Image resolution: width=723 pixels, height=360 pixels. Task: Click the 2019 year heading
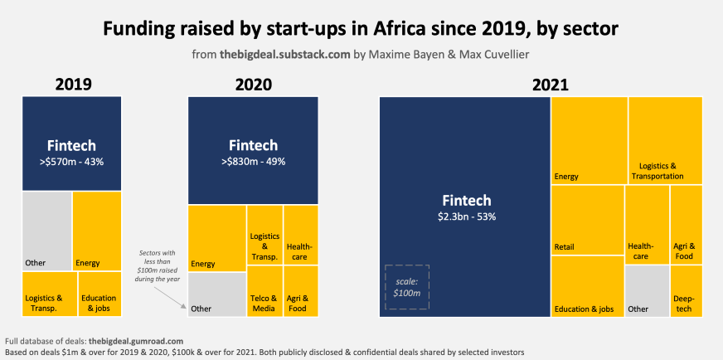[72, 85]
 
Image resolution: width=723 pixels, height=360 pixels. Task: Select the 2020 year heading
[253, 85]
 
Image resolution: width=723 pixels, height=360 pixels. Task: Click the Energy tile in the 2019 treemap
[97, 230]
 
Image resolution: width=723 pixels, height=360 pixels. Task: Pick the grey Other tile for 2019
[46, 230]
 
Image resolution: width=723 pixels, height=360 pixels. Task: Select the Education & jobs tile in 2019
[99, 293]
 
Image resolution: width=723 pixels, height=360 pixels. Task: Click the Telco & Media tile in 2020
[264, 291]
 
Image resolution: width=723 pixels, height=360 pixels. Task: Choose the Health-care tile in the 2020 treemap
[300, 236]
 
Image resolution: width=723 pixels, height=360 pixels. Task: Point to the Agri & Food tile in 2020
[300, 291]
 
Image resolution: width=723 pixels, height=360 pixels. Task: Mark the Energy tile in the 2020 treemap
[216, 238]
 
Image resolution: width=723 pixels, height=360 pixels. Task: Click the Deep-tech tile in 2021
[687, 291]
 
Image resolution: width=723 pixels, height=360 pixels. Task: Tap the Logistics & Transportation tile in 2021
[665, 140]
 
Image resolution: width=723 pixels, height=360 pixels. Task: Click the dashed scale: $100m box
[405, 287]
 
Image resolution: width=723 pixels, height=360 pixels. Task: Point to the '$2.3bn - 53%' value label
[466, 216]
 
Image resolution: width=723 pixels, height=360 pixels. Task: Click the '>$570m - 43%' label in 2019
[72, 160]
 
